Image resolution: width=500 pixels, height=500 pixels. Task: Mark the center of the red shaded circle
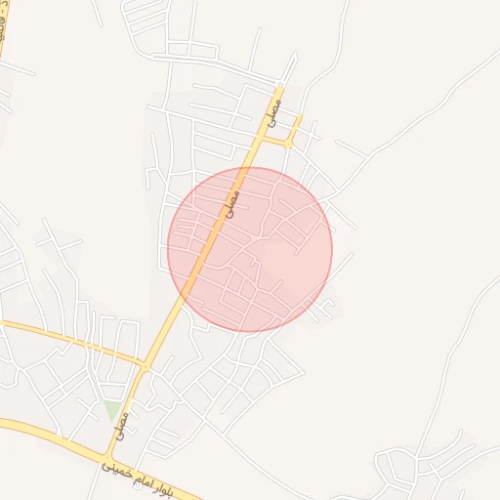tap(250, 249)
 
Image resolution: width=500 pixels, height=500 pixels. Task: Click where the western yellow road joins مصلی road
tap(145, 367)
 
